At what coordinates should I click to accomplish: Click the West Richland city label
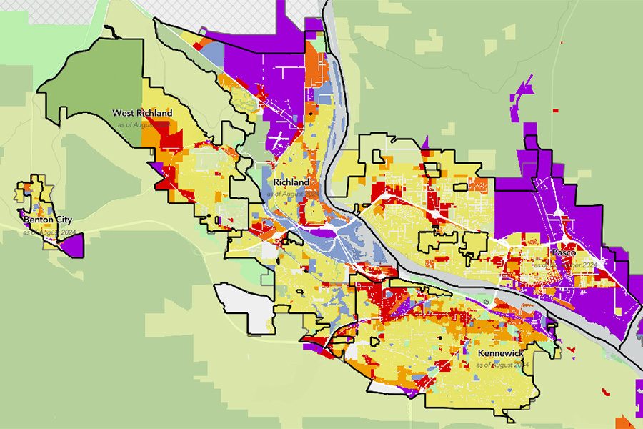pos(142,113)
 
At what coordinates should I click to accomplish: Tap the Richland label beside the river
pos(291,182)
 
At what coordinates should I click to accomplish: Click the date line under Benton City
pos(49,232)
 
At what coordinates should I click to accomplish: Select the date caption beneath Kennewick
pos(502,365)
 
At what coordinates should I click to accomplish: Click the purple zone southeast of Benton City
pos(74,246)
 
